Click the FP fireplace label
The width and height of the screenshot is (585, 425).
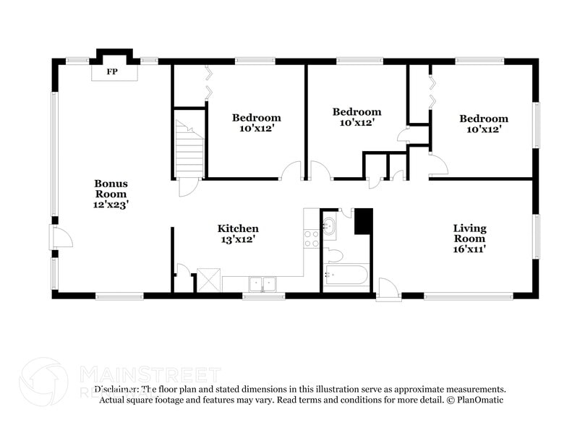pos(113,72)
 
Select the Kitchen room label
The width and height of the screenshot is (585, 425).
pos(238,228)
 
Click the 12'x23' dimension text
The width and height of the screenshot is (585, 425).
pos(111,205)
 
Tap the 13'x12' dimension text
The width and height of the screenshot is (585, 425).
pos(238,239)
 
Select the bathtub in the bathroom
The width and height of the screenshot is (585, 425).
pos(346,275)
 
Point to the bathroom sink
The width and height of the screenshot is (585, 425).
pos(329,226)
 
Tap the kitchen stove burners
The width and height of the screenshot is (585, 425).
pos(312,239)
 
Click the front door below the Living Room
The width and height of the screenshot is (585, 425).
pos(388,288)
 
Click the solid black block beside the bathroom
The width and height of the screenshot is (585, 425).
pos(362,220)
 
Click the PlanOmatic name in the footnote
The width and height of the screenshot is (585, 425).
pos(480,400)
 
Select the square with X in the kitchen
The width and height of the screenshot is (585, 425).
pos(208,280)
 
